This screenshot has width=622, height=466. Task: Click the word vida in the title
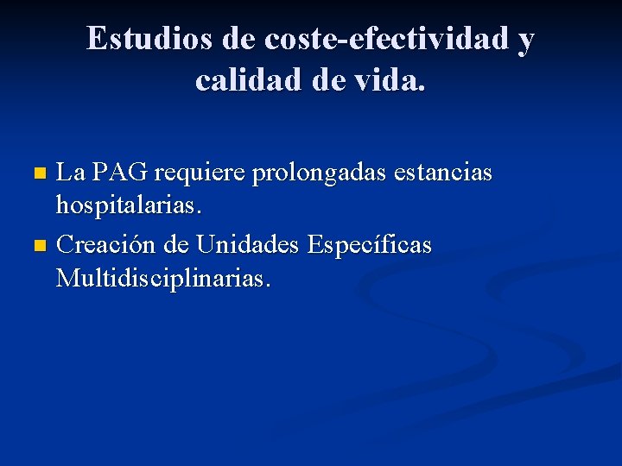click(387, 80)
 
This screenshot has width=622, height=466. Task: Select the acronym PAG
click(120, 173)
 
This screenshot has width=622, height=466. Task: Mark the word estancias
click(442, 173)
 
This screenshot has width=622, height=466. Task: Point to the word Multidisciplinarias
click(163, 279)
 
